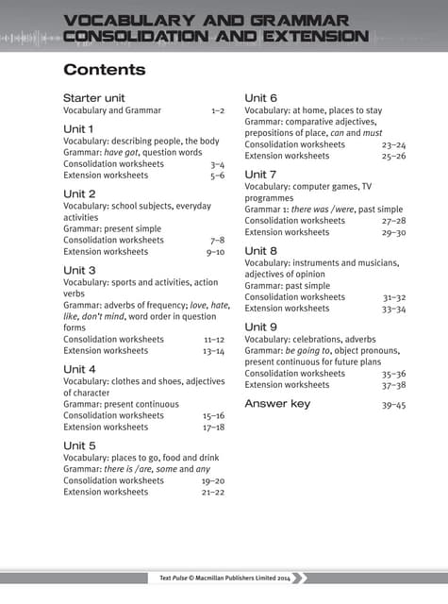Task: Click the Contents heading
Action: click(104, 70)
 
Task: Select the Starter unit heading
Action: click(94, 98)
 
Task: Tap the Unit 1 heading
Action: click(78, 128)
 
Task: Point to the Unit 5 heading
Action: click(79, 445)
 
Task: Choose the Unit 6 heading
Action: click(260, 98)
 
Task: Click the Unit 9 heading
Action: click(260, 327)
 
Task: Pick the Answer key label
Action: click(277, 404)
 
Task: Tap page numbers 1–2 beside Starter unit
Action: click(218, 110)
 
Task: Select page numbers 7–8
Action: click(217, 240)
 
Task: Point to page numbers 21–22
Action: click(213, 492)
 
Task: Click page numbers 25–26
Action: click(393, 156)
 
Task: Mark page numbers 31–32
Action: click(394, 296)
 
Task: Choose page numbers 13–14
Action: click(213, 350)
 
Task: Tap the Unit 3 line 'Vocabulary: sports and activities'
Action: click(141, 282)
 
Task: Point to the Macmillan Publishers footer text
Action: click(224, 579)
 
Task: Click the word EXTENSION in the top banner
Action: click(306, 37)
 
